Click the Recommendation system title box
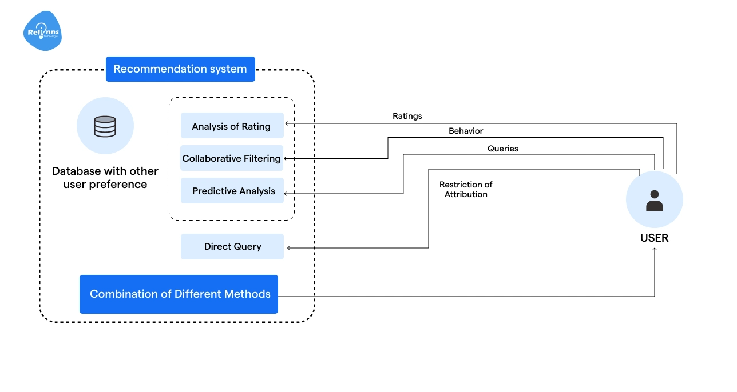pyautogui.click(x=180, y=69)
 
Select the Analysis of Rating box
pyautogui.click(x=232, y=126)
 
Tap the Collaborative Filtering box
pyautogui.click(x=232, y=158)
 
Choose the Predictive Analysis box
pyautogui.click(x=232, y=191)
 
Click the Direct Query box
pyautogui.click(x=232, y=246)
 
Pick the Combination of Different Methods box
pyautogui.click(x=179, y=294)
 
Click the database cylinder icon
pyautogui.click(x=105, y=126)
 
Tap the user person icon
pyautogui.click(x=654, y=201)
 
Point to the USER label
pyautogui.click(x=654, y=238)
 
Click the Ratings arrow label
pyautogui.click(x=407, y=116)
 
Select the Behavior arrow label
pyautogui.click(x=466, y=131)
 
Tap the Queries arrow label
pyautogui.click(x=502, y=149)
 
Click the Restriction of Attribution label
pyautogui.click(x=466, y=190)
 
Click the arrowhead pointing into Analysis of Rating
pyautogui.click(x=287, y=123)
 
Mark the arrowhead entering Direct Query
pyautogui.click(x=288, y=247)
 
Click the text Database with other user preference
pyautogui.click(x=105, y=178)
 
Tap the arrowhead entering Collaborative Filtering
pyautogui.click(x=286, y=158)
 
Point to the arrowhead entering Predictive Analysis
pyautogui.click(x=287, y=194)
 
